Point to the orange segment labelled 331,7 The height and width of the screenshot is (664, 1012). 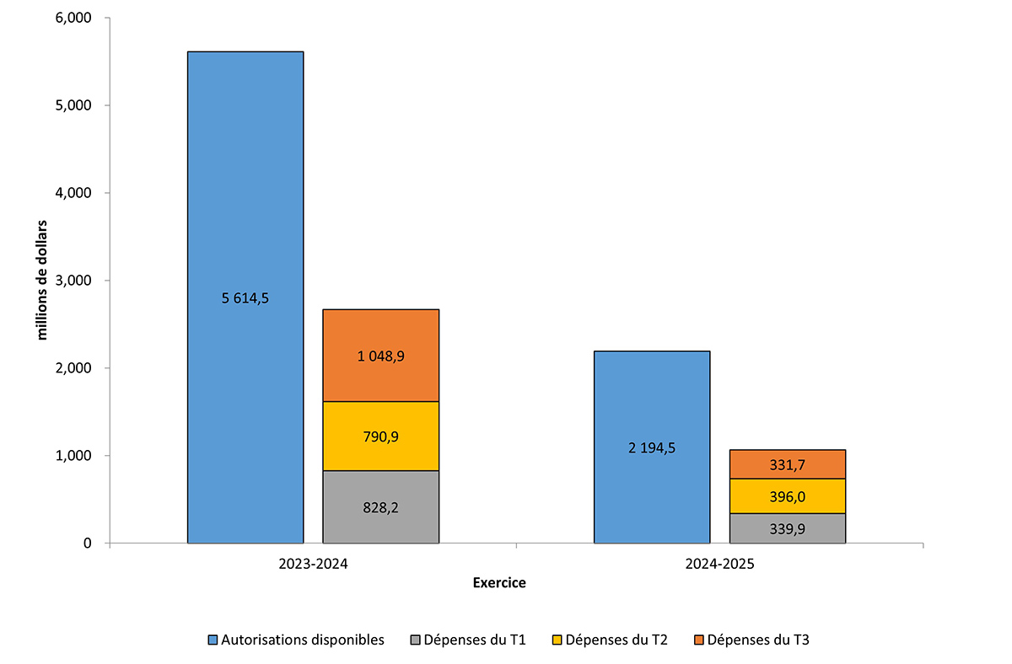(x=787, y=464)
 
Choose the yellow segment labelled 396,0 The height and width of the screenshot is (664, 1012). (x=787, y=496)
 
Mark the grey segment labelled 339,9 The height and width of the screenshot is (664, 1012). (x=787, y=528)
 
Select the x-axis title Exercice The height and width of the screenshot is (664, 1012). (x=499, y=583)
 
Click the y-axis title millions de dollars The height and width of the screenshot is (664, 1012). (x=41, y=281)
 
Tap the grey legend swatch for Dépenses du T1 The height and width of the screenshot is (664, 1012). (x=416, y=640)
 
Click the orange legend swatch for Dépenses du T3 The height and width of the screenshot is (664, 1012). (x=698, y=640)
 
